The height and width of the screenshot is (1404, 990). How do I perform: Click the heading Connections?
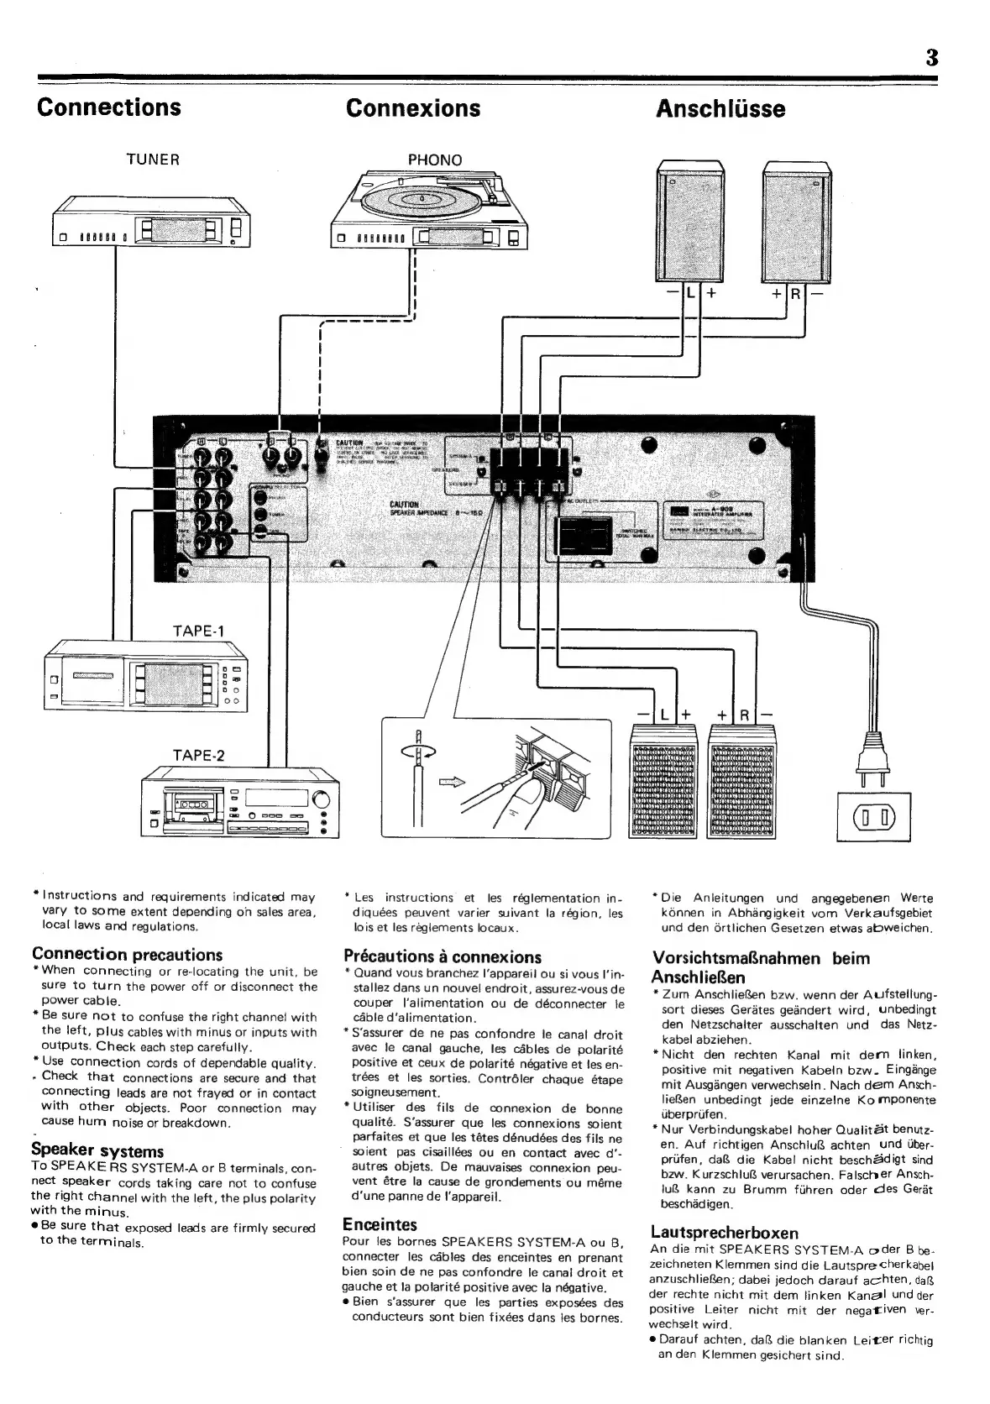(x=108, y=107)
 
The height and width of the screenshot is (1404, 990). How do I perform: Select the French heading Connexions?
(x=412, y=108)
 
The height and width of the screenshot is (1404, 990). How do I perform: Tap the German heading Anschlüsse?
(x=720, y=109)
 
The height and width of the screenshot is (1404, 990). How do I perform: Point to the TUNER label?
(x=153, y=160)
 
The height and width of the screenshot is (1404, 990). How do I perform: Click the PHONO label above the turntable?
(x=434, y=160)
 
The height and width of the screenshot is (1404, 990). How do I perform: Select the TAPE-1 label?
(x=199, y=631)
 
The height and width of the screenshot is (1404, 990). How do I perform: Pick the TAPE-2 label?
(x=199, y=754)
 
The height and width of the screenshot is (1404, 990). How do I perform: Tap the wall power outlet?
(x=874, y=815)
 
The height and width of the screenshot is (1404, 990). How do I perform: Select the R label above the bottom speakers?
(x=743, y=715)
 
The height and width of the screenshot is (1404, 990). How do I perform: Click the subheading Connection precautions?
(x=127, y=954)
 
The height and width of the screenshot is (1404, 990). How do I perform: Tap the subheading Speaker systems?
(x=97, y=1150)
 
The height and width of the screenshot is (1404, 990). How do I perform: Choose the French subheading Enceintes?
(x=380, y=1224)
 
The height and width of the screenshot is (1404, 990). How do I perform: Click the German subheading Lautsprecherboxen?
(x=724, y=1233)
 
